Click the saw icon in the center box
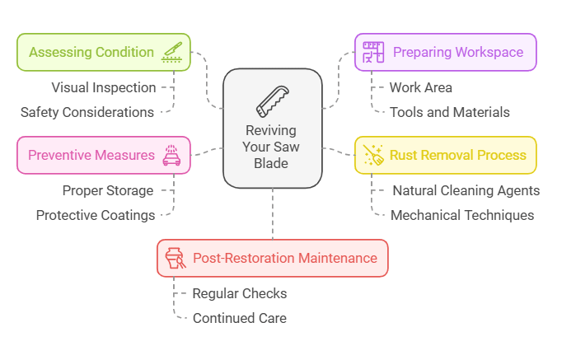coord(272,100)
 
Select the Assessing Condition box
coord(104,52)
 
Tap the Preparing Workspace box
coord(445,52)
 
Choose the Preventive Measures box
coord(104,155)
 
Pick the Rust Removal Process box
coord(445,155)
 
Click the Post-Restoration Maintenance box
coord(272,258)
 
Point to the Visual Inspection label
coord(104,87)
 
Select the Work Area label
coord(420,87)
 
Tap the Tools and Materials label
coord(450,112)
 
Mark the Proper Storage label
coord(108,190)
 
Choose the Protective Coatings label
coord(96,215)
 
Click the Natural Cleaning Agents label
coord(466,190)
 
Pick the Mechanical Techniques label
coord(462,215)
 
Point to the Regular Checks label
coord(240,293)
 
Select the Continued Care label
coord(240,318)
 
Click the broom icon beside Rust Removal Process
coord(373,155)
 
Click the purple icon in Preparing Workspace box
coord(375,52)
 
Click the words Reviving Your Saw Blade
coord(272,147)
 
